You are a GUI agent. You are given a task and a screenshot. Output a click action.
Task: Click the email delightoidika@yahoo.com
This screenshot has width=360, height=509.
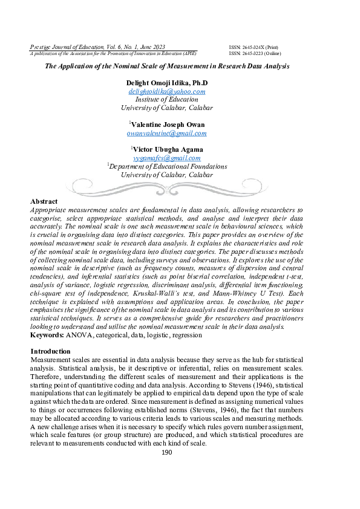[x=166, y=92]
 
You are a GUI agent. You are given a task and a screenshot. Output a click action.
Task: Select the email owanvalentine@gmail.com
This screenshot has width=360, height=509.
[x=166, y=134]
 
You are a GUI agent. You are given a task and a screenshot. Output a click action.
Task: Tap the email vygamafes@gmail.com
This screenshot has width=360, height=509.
[x=166, y=158]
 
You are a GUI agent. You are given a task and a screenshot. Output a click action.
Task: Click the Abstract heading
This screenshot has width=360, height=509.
[x=44, y=201]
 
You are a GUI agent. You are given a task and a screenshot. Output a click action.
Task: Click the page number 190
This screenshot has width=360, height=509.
[x=168, y=452]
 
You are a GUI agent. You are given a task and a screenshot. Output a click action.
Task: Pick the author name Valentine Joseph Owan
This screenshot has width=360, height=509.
[x=168, y=125]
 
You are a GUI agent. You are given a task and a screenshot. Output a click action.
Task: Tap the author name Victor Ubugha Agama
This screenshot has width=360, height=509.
[x=168, y=149]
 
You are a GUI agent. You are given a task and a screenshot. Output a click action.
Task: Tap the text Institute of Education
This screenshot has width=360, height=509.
[x=166, y=100]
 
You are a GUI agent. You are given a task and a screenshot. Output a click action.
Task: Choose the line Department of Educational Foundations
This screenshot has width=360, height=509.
[x=168, y=166]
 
